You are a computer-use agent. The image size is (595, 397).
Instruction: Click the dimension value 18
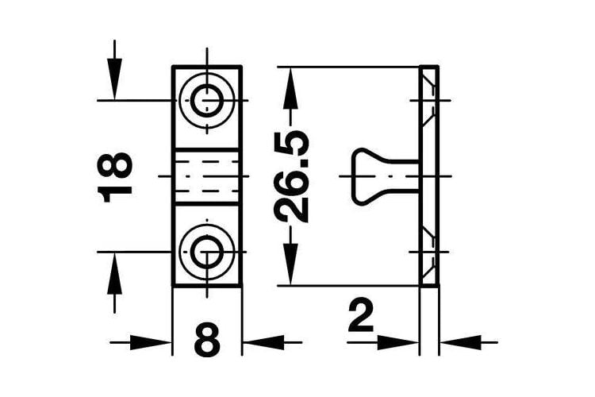114,177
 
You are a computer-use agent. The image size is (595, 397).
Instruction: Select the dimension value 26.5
291,176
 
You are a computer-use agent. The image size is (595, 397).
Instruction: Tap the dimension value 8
207,340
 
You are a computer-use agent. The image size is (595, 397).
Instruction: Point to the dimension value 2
361,314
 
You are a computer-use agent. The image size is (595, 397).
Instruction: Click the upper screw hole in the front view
207,101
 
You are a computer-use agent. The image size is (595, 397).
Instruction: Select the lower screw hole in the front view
207,252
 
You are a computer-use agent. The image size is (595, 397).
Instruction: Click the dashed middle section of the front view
207,176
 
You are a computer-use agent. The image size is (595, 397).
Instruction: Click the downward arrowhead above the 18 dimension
114,79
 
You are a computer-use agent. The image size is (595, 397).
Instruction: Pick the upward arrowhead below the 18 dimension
114,273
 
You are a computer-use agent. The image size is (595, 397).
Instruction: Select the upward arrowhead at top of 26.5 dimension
291,88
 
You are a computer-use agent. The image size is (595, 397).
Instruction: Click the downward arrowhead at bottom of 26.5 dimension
291,264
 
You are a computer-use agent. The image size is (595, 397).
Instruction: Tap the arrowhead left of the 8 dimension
151,343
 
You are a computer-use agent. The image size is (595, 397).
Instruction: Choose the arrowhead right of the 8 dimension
263,343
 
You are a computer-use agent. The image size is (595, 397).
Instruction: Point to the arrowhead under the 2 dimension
398,343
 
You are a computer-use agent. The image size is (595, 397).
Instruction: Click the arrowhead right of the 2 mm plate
461,343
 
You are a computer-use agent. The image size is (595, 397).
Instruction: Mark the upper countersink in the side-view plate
429,101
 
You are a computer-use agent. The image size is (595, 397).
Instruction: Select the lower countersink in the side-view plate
429,252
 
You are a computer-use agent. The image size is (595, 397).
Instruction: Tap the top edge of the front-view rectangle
207,67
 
